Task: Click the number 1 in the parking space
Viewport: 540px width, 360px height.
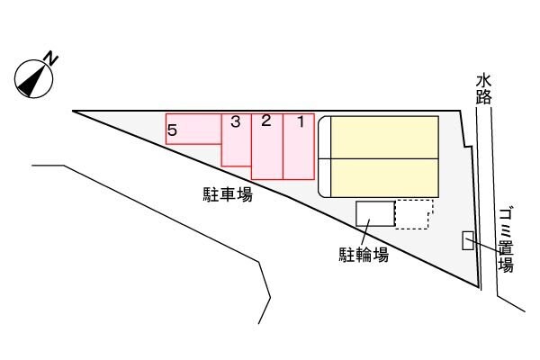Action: (x=301, y=121)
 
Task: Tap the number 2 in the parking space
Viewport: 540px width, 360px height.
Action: (x=265, y=121)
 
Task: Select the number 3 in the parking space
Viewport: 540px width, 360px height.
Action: (x=236, y=121)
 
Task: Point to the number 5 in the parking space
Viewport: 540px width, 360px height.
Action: (x=172, y=130)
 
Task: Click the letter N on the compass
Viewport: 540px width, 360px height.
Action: (x=51, y=58)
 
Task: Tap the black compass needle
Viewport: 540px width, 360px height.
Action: (x=32, y=81)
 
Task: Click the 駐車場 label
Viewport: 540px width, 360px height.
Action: (x=228, y=194)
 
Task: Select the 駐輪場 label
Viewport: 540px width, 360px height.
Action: (x=364, y=255)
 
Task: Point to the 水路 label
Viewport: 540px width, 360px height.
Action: (x=483, y=89)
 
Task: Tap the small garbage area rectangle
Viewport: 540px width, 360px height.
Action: (x=468, y=240)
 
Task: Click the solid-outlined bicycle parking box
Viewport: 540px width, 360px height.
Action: (x=375, y=213)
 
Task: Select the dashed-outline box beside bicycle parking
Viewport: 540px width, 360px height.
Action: (x=414, y=214)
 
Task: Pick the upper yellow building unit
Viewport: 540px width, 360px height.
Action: (x=384, y=137)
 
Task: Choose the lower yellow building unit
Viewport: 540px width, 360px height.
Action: (x=384, y=178)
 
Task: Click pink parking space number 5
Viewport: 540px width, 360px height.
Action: (x=193, y=129)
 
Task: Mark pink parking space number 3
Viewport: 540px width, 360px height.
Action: (x=236, y=139)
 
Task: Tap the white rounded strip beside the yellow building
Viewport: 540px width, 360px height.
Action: (x=324, y=157)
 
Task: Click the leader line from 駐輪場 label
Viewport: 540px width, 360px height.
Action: (x=365, y=232)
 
